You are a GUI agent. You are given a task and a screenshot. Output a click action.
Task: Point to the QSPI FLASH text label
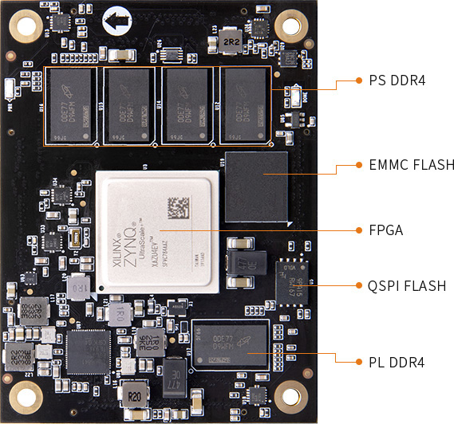(x=407, y=285)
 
